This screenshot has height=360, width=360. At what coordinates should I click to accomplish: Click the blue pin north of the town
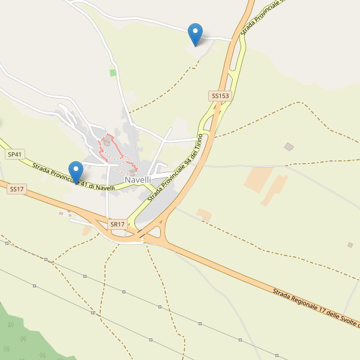[x=195, y=34]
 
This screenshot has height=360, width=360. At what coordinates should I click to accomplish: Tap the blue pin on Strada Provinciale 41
[x=76, y=172]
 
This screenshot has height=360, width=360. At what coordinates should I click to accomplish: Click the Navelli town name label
[x=137, y=179]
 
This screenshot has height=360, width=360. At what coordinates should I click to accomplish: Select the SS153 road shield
[x=220, y=95]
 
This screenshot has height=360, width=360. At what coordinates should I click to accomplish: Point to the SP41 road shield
[x=15, y=154]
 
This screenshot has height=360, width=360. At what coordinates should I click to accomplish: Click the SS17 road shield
[x=17, y=189]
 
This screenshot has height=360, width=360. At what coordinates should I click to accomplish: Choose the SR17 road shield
[x=118, y=224]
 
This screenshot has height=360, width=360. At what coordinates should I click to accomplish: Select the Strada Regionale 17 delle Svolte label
[x=315, y=308]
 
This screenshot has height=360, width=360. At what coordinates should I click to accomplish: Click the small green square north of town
[x=113, y=73]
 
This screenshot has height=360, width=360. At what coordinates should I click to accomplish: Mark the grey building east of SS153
[x=289, y=146]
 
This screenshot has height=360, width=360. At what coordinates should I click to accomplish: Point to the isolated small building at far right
[x=350, y=244]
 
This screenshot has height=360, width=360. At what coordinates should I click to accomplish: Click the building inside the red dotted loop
[x=107, y=142]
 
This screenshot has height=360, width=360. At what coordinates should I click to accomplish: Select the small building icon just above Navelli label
[x=132, y=172]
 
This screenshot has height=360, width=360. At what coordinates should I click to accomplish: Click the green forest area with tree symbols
[x=24, y=336]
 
